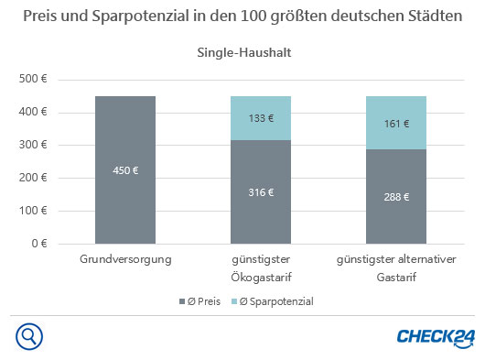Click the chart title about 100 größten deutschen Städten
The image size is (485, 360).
[242, 18]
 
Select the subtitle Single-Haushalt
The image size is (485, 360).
[243, 52]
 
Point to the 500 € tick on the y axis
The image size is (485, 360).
[33, 80]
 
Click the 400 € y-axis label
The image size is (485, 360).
[33, 113]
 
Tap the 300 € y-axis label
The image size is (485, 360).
[33, 146]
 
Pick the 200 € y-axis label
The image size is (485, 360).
[33, 179]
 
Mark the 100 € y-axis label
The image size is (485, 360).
[33, 212]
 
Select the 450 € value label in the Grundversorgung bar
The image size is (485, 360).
[125, 170]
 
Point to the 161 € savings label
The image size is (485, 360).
[396, 123]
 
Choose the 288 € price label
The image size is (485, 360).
[396, 197]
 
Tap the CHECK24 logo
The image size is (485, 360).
[434, 337]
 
